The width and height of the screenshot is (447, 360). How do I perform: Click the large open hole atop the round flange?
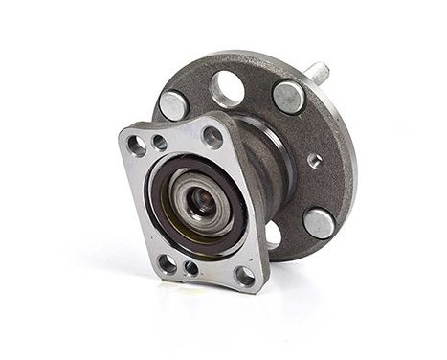click(228, 89)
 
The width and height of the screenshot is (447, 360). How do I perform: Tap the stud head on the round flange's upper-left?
click(173, 104)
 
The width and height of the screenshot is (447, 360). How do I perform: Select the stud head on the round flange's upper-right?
click(288, 96)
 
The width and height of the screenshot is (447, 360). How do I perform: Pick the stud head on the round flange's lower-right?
click(319, 222)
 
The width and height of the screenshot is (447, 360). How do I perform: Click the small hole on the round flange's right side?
click(315, 161)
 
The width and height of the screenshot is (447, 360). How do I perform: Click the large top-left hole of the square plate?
click(138, 145)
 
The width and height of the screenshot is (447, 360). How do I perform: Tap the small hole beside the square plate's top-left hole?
click(159, 142)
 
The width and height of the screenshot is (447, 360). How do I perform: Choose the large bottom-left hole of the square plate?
click(168, 262)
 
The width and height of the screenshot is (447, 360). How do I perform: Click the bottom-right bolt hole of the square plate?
click(244, 276)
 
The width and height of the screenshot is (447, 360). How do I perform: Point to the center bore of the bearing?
click(202, 201)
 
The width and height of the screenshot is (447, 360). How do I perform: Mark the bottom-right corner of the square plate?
click(260, 287)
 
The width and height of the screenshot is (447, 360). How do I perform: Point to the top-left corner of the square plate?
click(123, 134)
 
